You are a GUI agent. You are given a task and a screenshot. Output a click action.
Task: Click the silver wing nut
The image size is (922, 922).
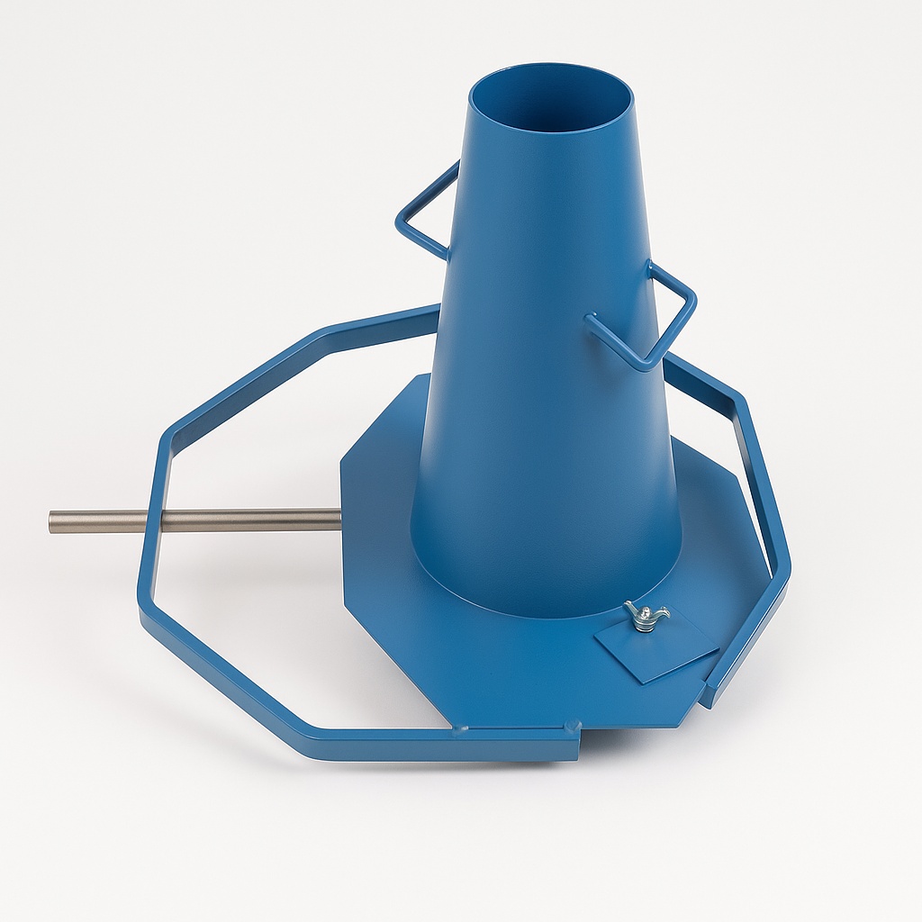click(646, 618)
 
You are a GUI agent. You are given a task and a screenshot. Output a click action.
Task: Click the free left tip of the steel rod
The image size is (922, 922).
click(53, 522)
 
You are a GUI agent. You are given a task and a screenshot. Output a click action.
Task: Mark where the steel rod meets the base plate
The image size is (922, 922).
click(339, 519)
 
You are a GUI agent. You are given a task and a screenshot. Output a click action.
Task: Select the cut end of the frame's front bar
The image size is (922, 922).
click(576, 743)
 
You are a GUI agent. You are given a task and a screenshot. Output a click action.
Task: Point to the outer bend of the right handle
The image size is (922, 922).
click(691, 296)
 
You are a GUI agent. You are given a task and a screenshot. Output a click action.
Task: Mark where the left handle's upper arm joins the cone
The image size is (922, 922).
click(456, 167)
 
